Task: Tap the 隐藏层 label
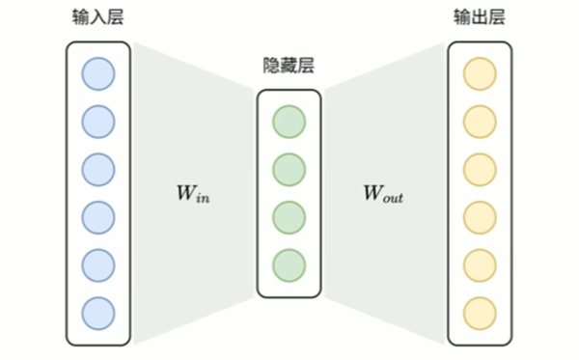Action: coord(289,66)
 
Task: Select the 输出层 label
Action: coord(480,19)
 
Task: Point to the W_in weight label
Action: coord(192,193)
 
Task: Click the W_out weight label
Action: coord(382,193)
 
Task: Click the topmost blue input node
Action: coord(98,74)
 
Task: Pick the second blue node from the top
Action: coord(98,122)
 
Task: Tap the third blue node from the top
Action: coord(98,169)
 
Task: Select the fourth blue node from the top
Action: coord(98,216)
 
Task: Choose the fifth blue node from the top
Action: coord(98,263)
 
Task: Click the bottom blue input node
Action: coord(98,311)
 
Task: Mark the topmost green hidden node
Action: coord(289,122)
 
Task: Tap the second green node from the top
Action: coord(289,169)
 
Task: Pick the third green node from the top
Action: coord(289,216)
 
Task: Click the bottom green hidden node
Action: coord(289,263)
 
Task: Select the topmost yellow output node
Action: coord(480,74)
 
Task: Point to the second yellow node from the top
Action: coord(480,122)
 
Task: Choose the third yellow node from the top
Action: coord(480,169)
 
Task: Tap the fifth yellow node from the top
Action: coord(480,263)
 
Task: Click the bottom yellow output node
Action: coord(480,311)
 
